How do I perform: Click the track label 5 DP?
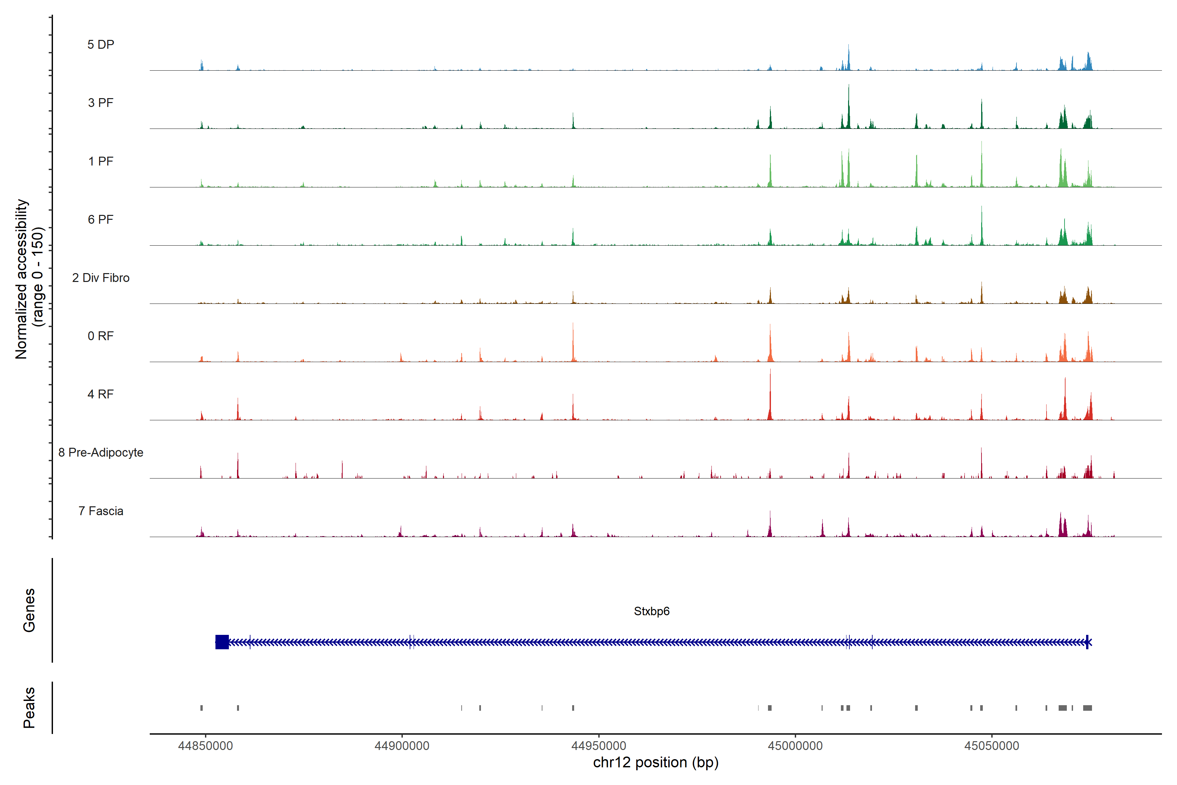click(101, 44)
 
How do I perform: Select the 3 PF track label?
click(101, 103)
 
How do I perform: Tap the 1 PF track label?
click(101, 161)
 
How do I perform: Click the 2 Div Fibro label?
click(101, 278)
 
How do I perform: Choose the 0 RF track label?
click(101, 336)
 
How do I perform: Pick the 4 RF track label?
click(101, 394)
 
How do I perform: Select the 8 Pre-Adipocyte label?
click(101, 453)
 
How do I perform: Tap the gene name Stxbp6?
click(652, 611)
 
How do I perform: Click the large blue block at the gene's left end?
click(222, 642)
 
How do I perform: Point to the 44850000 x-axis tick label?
click(205, 746)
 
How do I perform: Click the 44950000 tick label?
click(599, 746)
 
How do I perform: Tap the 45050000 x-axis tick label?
click(992, 746)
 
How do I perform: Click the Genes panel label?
click(29, 610)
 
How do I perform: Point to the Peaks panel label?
click(29, 707)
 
